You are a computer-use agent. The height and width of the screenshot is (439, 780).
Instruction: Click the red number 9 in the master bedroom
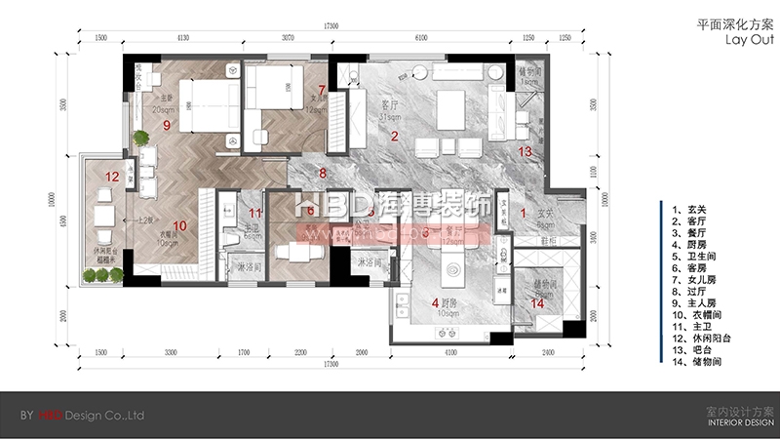[x=167, y=126]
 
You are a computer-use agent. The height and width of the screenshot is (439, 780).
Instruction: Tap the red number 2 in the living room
[x=395, y=137]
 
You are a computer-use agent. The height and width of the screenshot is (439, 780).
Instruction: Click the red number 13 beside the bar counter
[x=525, y=151]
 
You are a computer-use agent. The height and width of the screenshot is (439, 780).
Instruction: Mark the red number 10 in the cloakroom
[x=179, y=224]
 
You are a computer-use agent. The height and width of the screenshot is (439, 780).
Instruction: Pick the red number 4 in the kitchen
[x=435, y=303]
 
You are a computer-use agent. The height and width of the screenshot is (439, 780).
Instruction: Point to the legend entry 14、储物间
[x=697, y=361]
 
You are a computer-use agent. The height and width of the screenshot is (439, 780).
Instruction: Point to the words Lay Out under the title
[x=748, y=43]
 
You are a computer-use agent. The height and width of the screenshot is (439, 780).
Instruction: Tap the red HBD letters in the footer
[x=47, y=416]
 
